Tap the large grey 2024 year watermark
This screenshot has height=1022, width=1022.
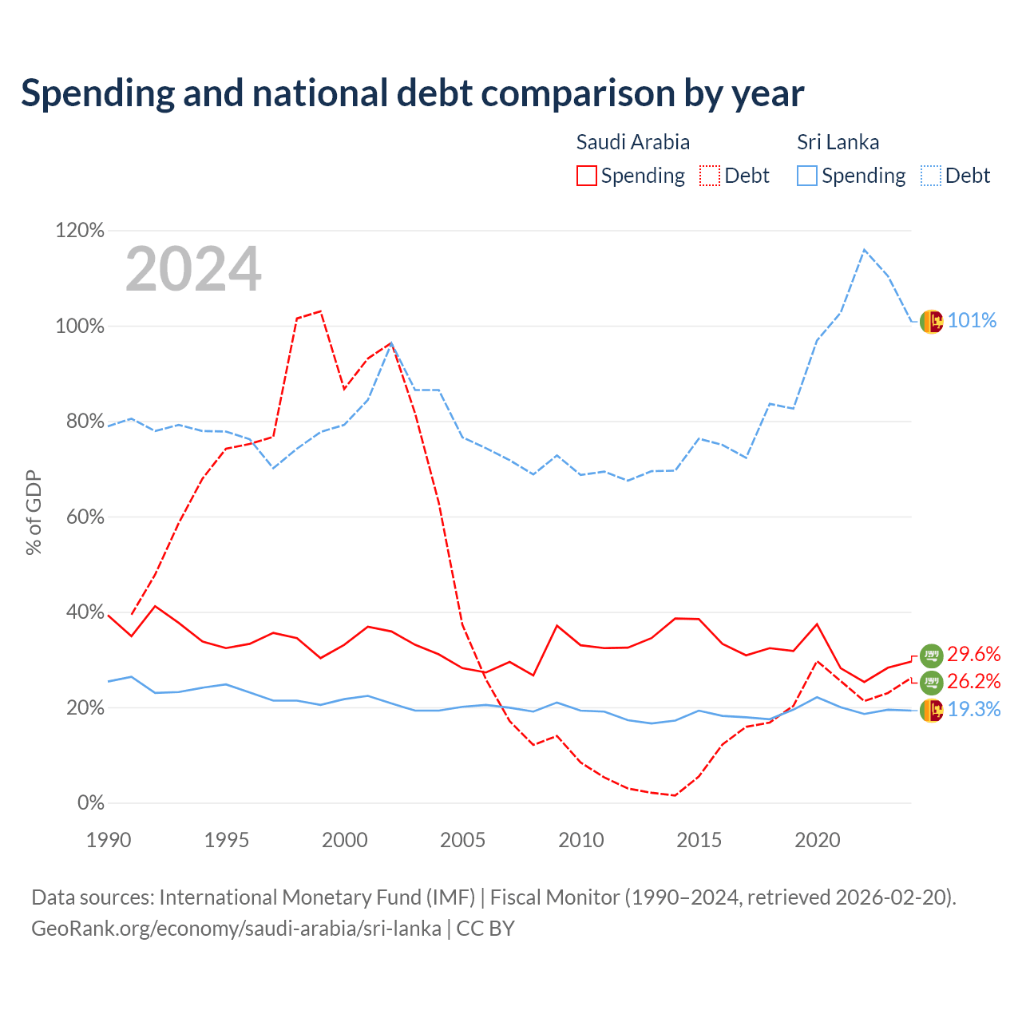coord(193,269)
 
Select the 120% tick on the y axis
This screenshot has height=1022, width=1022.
coord(80,230)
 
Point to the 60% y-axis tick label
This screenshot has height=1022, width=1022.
coord(85,517)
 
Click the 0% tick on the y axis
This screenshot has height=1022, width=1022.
coord(91,802)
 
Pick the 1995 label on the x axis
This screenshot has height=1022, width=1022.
coord(227,840)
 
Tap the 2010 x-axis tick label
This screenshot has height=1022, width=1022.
coord(580,840)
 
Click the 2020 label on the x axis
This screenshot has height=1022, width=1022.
coord(818,840)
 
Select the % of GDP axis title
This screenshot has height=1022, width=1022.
coord(34,513)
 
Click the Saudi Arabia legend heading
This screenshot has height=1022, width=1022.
coord(632,142)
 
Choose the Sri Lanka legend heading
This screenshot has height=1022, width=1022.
coord(838,142)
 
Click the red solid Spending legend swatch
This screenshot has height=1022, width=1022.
coord(587,176)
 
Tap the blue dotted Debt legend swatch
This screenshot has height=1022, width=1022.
coord(931,176)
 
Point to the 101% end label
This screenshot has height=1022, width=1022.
coord(972,320)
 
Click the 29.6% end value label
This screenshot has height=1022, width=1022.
coord(974,654)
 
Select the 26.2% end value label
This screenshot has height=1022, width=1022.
coord(974,681)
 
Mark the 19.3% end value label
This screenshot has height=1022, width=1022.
coord(974,709)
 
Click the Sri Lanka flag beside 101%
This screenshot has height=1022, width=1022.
coord(931,322)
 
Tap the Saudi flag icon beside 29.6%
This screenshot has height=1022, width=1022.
coord(931,656)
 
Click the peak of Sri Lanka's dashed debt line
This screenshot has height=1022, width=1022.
coord(865,249)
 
